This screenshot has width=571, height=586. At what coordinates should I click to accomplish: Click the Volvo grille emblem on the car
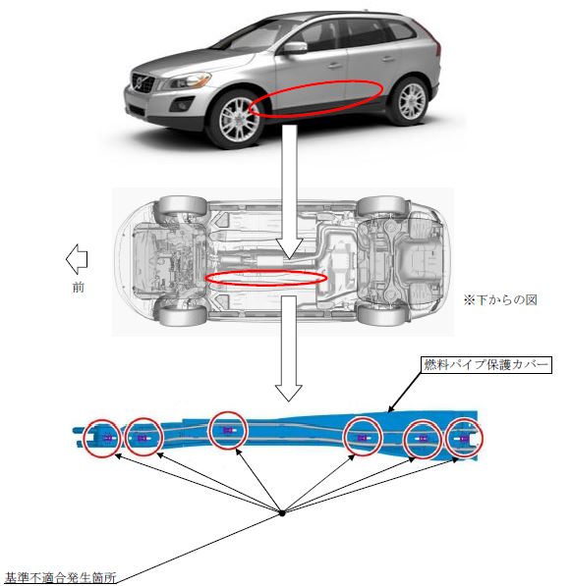pos(140,81)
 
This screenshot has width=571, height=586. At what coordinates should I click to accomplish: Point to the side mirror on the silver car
pos(295,48)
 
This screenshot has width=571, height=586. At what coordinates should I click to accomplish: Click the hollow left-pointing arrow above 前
pos(77,259)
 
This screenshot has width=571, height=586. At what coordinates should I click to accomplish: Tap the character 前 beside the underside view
pos(79,288)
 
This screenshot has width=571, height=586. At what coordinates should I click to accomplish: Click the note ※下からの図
pos(500,299)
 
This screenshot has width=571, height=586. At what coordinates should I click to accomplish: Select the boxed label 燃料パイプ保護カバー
pos(486,365)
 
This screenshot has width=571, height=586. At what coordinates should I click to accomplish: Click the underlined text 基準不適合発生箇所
pos(61,577)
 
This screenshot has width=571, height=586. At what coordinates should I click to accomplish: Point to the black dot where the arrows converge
pos(282,513)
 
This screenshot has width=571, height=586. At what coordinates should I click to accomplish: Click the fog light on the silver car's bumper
pos(182,104)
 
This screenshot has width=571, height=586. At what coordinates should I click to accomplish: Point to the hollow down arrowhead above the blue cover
pos(288,392)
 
